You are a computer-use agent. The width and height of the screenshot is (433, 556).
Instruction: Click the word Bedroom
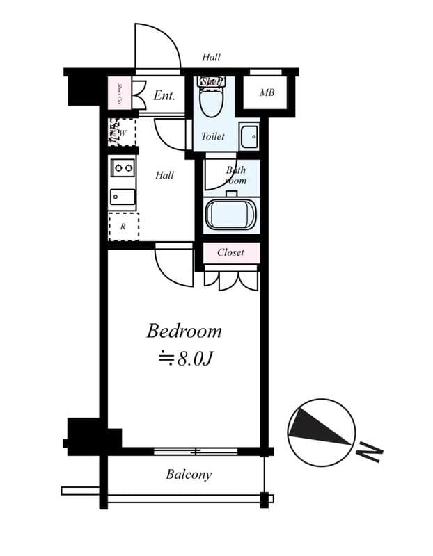[x=184, y=331]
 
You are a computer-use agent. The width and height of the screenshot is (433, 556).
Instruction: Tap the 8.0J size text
[x=185, y=359]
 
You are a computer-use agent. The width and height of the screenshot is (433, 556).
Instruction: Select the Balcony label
[x=188, y=475]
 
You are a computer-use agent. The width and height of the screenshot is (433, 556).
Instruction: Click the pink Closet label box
[x=230, y=252]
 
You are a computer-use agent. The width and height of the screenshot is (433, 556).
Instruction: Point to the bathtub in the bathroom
[x=231, y=213]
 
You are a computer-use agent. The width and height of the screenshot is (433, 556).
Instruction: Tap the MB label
[x=267, y=93]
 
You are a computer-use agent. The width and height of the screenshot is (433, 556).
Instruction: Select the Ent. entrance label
[x=164, y=96]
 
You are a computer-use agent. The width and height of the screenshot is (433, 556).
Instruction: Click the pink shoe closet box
[x=119, y=93]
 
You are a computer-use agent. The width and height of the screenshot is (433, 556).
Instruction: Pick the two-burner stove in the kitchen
[x=123, y=167]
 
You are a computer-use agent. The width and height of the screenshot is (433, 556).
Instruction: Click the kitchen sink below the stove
[x=123, y=197]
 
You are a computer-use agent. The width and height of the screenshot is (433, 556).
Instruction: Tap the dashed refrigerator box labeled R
[x=123, y=227]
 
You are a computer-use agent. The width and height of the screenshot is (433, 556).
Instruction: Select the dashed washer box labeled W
[x=121, y=132]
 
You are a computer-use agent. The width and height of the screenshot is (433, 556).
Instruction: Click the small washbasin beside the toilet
[x=249, y=136]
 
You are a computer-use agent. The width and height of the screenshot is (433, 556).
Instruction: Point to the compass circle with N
[x=321, y=432]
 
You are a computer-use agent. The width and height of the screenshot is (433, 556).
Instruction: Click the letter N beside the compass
[x=370, y=454]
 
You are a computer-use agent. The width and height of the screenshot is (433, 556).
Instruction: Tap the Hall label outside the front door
[x=211, y=57]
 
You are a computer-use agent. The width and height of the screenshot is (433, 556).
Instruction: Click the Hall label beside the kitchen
[x=164, y=175]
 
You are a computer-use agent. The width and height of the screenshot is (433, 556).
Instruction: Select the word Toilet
[x=213, y=136]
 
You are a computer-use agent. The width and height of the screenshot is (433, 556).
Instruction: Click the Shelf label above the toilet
[x=211, y=81]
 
